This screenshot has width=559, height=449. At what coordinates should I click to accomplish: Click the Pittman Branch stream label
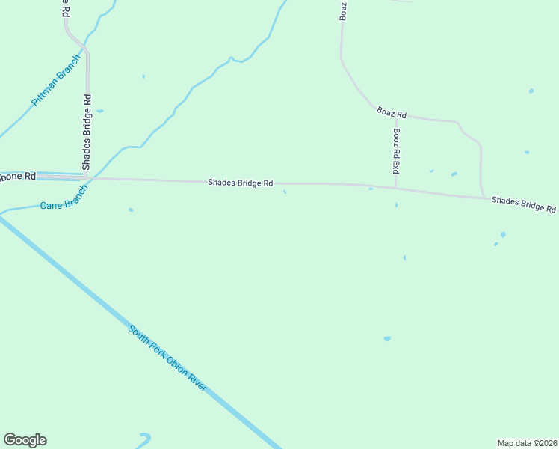(x=56, y=79)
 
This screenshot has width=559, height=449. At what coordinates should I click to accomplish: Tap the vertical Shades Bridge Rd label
(x=87, y=132)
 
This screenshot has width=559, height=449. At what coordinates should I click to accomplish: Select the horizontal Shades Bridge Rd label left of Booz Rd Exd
(x=241, y=183)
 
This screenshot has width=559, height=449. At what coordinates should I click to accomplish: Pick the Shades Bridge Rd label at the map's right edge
(x=524, y=204)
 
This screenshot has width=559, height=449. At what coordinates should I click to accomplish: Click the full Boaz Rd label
(x=392, y=114)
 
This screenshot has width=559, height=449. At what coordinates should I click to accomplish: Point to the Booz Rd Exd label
(x=396, y=151)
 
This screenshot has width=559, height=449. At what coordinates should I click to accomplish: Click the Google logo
(x=25, y=440)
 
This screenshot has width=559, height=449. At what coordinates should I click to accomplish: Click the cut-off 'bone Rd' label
(x=17, y=177)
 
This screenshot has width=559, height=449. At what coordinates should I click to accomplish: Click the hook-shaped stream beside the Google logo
(x=144, y=439)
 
